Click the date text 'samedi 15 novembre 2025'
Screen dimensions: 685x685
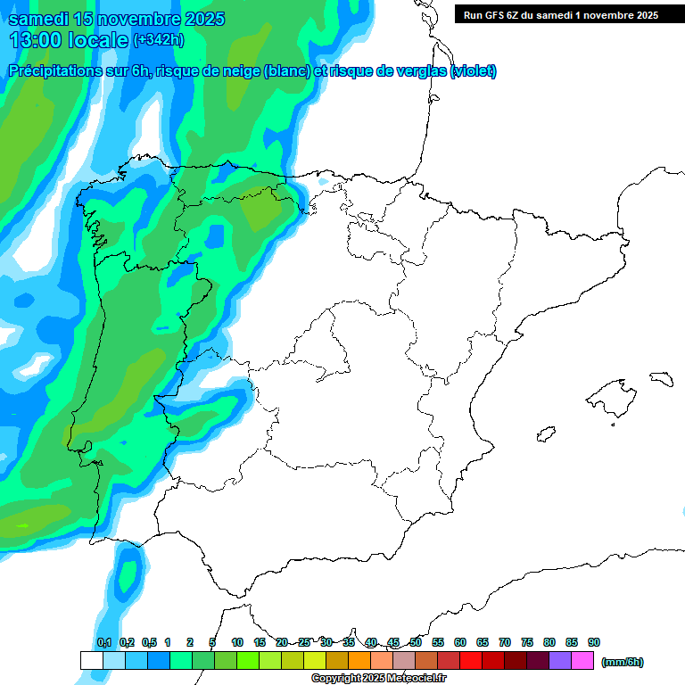click(x=117, y=19)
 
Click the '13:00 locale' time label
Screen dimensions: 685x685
click(x=68, y=40)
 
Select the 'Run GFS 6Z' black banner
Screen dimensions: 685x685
click(x=561, y=15)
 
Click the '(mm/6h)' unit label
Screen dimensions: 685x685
click(x=623, y=662)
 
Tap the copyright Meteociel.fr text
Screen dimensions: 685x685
click(x=378, y=679)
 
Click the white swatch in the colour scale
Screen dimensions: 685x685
click(x=91, y=661)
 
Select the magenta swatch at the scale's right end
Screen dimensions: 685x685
click(x=582, y=661)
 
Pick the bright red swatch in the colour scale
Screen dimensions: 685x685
click(x=471, y=661)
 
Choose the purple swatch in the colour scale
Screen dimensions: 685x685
click(x=560, y=661)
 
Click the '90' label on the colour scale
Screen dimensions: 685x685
click(x=594, y=643)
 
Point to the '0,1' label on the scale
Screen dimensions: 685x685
click(x=103, y=643)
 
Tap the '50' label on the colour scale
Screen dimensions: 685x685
click(x=416, y=643)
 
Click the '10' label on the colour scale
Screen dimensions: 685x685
click(x=237, y=643)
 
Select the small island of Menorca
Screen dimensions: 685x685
click(x=661, y=378)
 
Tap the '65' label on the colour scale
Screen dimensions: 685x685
click(x=483, y=643)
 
